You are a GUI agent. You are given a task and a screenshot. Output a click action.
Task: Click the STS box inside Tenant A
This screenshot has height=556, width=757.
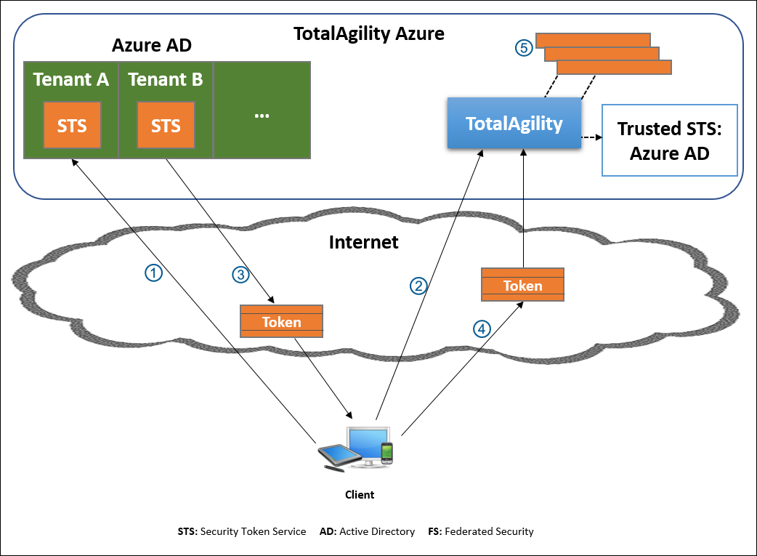coord(71,126)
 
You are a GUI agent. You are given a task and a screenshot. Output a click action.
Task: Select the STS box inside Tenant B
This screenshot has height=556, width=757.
coord(166,126)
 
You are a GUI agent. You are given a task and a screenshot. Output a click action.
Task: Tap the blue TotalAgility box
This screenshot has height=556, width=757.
coord(514,124)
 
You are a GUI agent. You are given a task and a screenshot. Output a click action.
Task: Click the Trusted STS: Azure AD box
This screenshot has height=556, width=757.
coord(669,140)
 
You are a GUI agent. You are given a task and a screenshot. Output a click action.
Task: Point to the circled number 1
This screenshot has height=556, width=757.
coord(153,273)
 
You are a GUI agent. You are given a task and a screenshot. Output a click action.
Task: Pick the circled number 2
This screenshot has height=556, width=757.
coord(418,286)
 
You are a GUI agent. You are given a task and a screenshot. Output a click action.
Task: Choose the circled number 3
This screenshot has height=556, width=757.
coord(240,274)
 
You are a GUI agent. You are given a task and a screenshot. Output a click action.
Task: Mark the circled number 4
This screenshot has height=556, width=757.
coord(482,329)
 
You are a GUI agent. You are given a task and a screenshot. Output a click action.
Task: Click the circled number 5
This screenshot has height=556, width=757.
coord(524,48)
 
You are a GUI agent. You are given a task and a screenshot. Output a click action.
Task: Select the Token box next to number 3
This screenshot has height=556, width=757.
coord(281,322)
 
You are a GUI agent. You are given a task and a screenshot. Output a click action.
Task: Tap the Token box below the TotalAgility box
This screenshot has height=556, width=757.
coord(522,285)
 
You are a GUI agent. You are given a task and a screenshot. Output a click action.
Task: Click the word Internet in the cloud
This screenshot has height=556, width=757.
coord(363,242)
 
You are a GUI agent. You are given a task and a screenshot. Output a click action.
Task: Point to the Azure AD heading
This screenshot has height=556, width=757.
coord(151,46)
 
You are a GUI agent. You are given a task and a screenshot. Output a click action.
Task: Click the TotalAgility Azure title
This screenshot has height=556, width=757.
coord(368,33)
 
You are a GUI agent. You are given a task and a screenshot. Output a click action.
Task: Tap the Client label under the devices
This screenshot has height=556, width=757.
coord(360,495)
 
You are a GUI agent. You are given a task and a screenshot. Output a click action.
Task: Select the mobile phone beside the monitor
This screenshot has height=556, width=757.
coord(387,453)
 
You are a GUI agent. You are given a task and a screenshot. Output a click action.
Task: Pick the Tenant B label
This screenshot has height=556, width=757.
coord(166,80)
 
